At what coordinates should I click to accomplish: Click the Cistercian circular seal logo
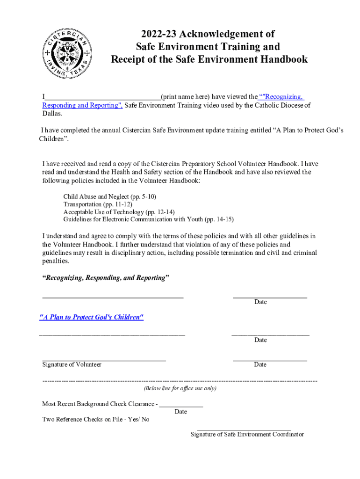(67, 52)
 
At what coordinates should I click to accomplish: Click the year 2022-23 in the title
(158, 34)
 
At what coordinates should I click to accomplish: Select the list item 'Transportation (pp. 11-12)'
(98, 204)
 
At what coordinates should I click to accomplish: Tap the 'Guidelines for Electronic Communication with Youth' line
(148, 219)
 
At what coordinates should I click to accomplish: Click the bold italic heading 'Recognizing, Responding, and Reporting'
(106, 278)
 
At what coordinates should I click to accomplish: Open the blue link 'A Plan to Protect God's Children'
(91, 317)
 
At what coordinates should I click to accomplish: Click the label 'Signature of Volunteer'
(72, 364)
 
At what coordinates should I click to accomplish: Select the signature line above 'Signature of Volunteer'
(104, 360)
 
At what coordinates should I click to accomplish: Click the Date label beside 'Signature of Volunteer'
(260, 364)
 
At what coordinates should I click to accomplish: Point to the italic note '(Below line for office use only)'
(180, 388)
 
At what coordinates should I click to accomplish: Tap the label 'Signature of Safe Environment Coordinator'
(247, 434)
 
